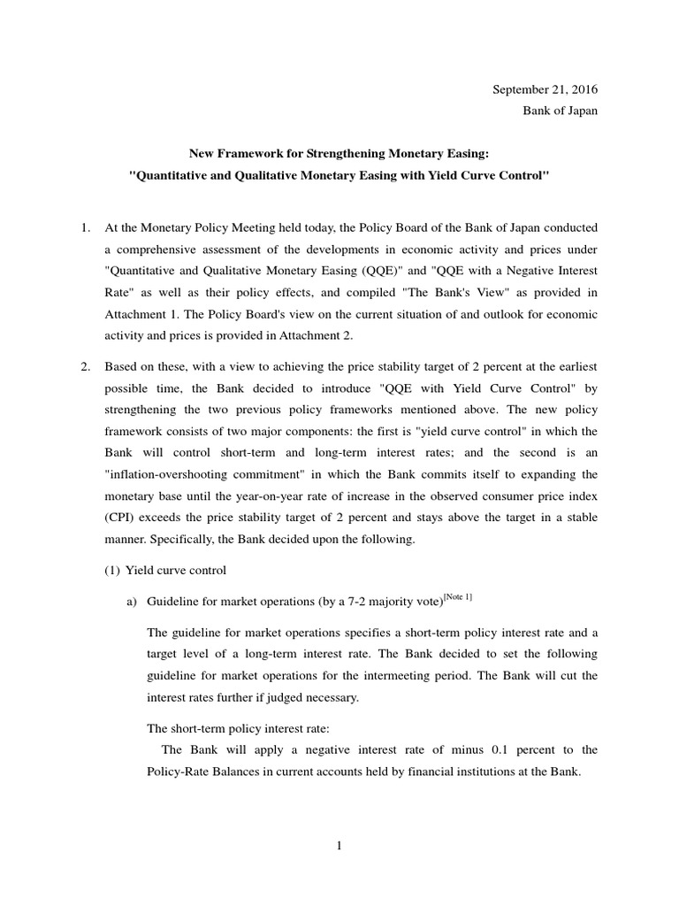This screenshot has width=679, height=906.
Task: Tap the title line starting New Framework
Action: pos(339,154)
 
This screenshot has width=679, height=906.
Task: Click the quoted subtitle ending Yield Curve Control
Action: pos(339,176)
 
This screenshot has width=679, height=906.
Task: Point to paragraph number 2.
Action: pos(87,365)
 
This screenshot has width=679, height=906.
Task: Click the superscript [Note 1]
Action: pos(457,597)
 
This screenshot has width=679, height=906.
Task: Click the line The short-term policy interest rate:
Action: pos(238,729)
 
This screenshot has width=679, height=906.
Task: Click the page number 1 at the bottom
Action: pos(339,845)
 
